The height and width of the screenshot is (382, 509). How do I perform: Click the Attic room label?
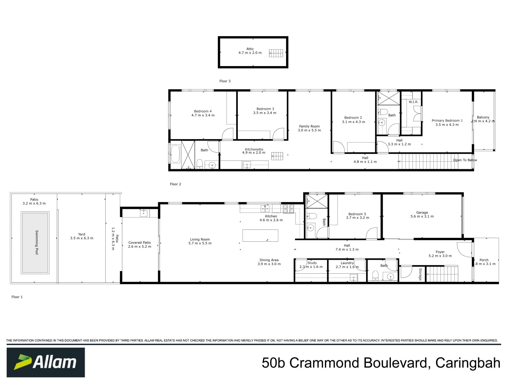click(x=250, y=49)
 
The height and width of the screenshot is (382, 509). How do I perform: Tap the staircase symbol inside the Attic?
click(x=276, y=53)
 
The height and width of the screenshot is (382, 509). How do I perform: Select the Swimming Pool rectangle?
click(x=35, y=242)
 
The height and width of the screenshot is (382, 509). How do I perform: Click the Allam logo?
click(x=46, y=362)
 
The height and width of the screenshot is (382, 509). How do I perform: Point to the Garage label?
click(x=422, y=212)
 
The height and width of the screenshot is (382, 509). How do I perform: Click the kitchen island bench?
click(x=260, y=236)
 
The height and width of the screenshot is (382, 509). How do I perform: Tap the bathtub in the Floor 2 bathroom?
click(x=175, y=154)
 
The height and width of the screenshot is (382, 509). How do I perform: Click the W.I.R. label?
click(x=413, y=102)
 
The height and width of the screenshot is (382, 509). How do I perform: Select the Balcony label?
click(x=483, y=117)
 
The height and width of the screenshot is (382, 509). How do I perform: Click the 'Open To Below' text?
click(x=465, y=160)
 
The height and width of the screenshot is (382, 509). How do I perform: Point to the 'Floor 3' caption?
click(x=225, y=81)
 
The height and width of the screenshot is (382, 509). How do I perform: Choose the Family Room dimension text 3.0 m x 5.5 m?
click(x=309, y=130)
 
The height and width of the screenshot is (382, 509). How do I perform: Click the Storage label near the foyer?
click(x=420, y=274)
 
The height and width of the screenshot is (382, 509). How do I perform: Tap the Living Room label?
click(x=200, y=239)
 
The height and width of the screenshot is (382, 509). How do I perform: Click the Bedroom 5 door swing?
click(x=372, y=233)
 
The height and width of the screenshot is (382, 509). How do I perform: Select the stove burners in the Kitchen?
click(x=288, y=209)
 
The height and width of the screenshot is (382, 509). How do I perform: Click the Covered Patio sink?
click(x=143, y=213)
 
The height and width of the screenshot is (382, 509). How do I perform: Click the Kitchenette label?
click(x=254, y=149)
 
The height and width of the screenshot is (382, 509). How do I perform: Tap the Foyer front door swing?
click(x=464, y=250)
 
